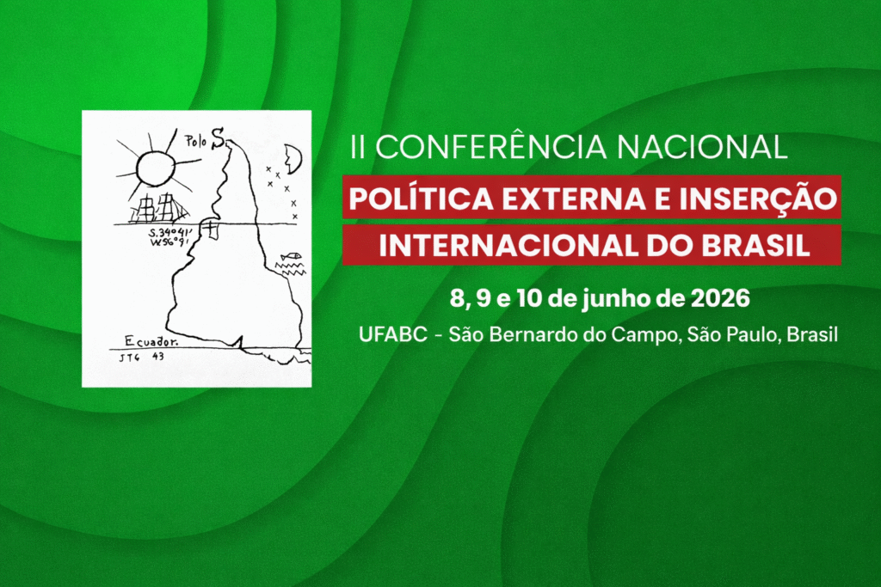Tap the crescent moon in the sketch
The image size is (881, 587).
click(x=293, y=158)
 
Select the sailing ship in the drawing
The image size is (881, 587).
click(x=161, y=208)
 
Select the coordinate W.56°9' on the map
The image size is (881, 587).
click(x=169, y=242)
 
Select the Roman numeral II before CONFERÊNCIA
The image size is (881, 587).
click(x=356, y=147)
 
